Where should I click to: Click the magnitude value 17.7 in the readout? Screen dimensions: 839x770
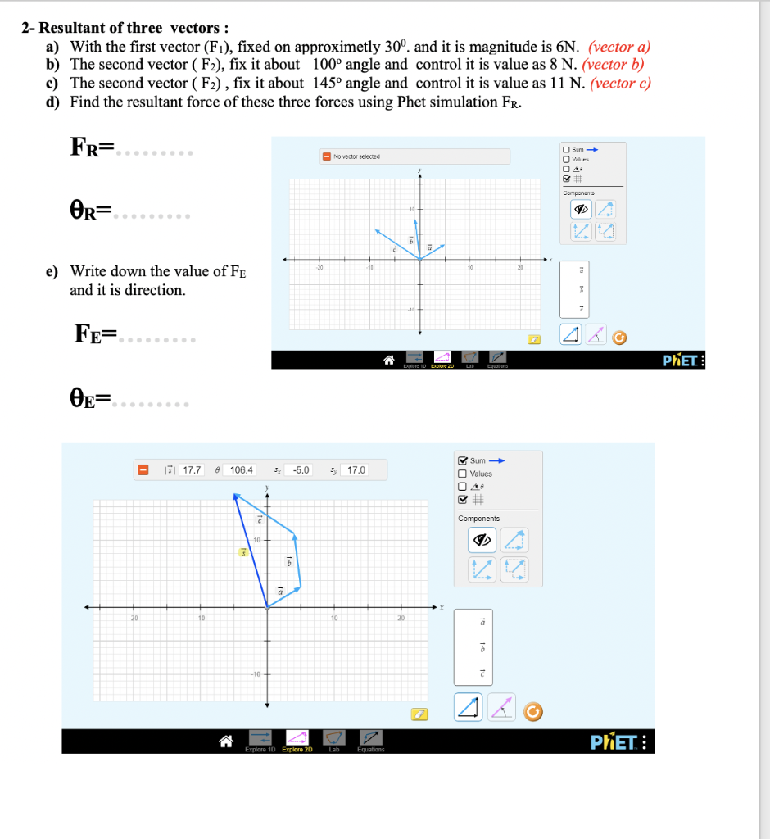pos(192,470)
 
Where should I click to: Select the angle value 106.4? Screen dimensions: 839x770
pos(242,470)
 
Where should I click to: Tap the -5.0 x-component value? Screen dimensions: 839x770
pos(301,470)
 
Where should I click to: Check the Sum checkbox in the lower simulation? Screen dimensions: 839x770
pos(463,460)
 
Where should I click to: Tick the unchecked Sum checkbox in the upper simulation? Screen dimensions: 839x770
pos(566,149)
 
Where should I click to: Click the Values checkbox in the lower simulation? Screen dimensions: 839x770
pos(463,474)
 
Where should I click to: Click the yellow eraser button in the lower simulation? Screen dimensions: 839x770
pos(419,714)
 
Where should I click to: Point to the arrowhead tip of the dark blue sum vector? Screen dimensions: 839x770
pos(235,495)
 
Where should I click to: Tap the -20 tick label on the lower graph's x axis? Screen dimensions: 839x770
pos(131,619)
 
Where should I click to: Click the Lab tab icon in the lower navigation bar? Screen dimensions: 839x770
pos(334,740)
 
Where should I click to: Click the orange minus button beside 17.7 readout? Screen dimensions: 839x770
pos(143,470)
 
